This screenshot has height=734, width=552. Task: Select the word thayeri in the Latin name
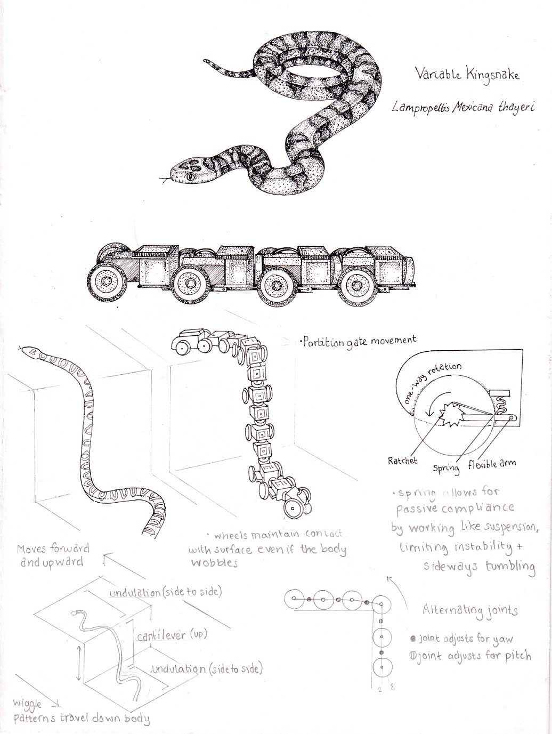pos(516,107)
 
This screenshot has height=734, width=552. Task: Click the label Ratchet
pos(403,461)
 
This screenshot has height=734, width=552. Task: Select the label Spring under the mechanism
pos(445,468)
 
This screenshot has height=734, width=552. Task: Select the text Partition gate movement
pos(359,341)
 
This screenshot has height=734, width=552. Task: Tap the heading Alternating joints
pos(469,611)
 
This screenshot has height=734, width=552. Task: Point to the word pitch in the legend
pos(518,655)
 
